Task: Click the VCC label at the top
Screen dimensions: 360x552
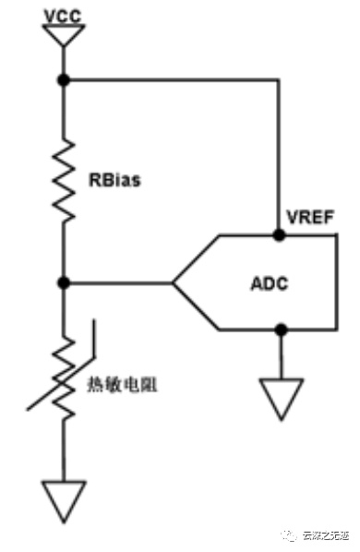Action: pos(63,16)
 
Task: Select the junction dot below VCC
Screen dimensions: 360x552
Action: pos(64,80)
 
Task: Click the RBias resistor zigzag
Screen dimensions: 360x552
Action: pos(64,180)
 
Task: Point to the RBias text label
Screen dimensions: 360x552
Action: pos(114,180)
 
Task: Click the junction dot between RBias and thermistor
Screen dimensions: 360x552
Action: pos(64,282)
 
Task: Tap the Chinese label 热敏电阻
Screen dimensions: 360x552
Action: pos(122,385)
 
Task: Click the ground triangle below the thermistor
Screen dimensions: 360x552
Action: pos(64,501)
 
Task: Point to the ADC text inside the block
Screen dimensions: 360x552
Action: pos(270,283)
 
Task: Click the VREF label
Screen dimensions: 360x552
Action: pos(310,217)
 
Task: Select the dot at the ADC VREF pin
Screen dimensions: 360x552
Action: pos(279,234)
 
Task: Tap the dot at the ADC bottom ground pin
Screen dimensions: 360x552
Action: pos(281,330)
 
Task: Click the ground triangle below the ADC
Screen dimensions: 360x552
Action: pos(282,399)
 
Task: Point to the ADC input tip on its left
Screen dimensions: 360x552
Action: pos(173,282)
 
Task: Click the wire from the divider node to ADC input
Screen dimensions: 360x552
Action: pos(118,282)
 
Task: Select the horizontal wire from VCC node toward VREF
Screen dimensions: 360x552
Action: pos(172,80)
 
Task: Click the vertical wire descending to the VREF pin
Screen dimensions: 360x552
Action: pos(278,157)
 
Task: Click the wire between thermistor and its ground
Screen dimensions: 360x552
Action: pos(64,450)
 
